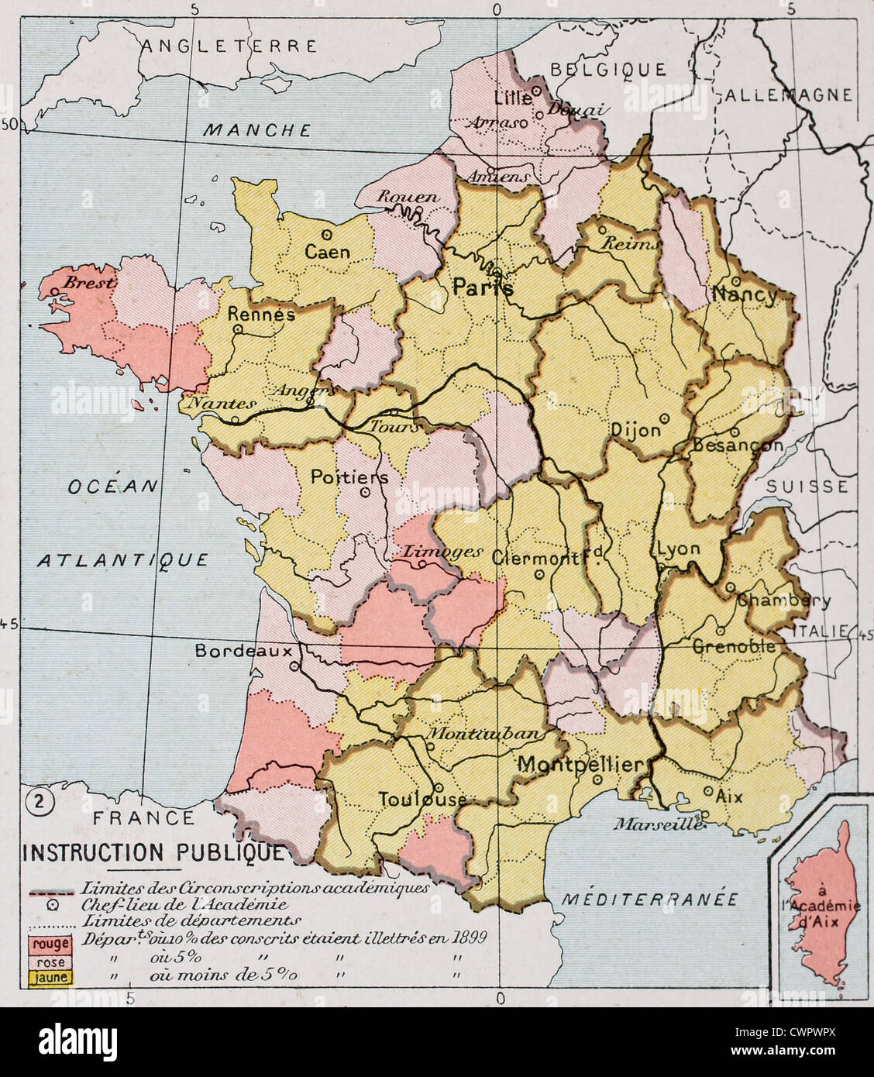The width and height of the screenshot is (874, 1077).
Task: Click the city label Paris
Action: (x=483, y=287)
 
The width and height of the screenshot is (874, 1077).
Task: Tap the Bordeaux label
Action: (x=243, y=651)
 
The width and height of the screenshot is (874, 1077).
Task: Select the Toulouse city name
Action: (x=422, y=800)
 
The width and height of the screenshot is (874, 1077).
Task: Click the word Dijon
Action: (x=636, y=430)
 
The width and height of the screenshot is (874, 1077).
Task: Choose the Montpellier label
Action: (x=580, y=764)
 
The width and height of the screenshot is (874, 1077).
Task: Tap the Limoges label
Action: (x=442, y=552)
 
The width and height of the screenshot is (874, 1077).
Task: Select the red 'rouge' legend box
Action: (x=50, y=945)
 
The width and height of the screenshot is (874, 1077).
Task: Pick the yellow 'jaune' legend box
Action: (x=50, y=978)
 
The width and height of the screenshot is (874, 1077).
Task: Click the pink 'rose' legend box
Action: (x=50, y=962)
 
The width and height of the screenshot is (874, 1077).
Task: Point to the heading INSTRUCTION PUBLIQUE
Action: (x=153, y=852)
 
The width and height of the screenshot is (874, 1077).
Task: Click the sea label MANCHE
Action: (x=256, y=130)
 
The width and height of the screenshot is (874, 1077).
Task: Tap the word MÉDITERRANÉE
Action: (x=650, y=900)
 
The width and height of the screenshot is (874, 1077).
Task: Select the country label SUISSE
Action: (x=807, y=487)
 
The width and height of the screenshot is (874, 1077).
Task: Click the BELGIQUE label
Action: (x=607, y=70)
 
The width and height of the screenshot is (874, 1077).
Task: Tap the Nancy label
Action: (x=745, y=295)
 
